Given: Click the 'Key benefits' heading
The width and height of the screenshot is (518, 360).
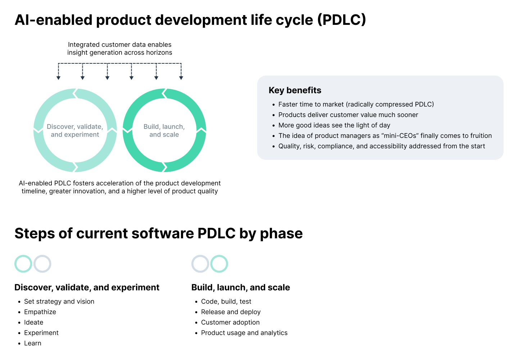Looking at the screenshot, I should [x=295, y=90].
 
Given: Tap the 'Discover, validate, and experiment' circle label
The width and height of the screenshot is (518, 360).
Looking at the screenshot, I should [x=75, y=131].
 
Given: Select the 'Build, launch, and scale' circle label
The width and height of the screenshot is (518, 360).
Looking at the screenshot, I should [x=164, y=131].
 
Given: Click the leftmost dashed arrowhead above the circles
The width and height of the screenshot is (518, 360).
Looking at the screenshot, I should [x=59, y=77].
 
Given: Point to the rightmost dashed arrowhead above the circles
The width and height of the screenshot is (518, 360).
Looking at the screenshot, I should [x=181, y=77].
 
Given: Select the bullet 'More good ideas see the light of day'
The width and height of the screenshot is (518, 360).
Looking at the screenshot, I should [x=334, y=125].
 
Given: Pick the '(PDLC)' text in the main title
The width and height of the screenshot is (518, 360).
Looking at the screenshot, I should [x=341, y=20].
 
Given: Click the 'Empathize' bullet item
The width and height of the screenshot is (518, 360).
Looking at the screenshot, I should [x=40, y=312].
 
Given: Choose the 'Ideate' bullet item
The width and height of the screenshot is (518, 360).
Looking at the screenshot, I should [x=33, y=323].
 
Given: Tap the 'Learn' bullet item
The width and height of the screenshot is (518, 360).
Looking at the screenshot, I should [x=32, y=343].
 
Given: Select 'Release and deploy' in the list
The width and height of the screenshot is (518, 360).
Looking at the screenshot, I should [x=231, y=312].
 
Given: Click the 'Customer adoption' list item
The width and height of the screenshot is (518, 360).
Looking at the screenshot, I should [x=230, y=323].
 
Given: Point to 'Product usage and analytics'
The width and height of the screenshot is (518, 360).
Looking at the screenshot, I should [x=244, y=333].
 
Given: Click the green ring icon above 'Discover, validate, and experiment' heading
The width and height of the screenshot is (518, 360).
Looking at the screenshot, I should [x=23, y=264].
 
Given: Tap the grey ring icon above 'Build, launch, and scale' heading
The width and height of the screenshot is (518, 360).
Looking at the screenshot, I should [x=200, y=264].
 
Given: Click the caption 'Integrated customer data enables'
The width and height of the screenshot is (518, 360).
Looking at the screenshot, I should [x=119, y=45].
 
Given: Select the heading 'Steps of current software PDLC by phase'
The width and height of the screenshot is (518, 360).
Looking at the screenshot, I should [x=158, y=233].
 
